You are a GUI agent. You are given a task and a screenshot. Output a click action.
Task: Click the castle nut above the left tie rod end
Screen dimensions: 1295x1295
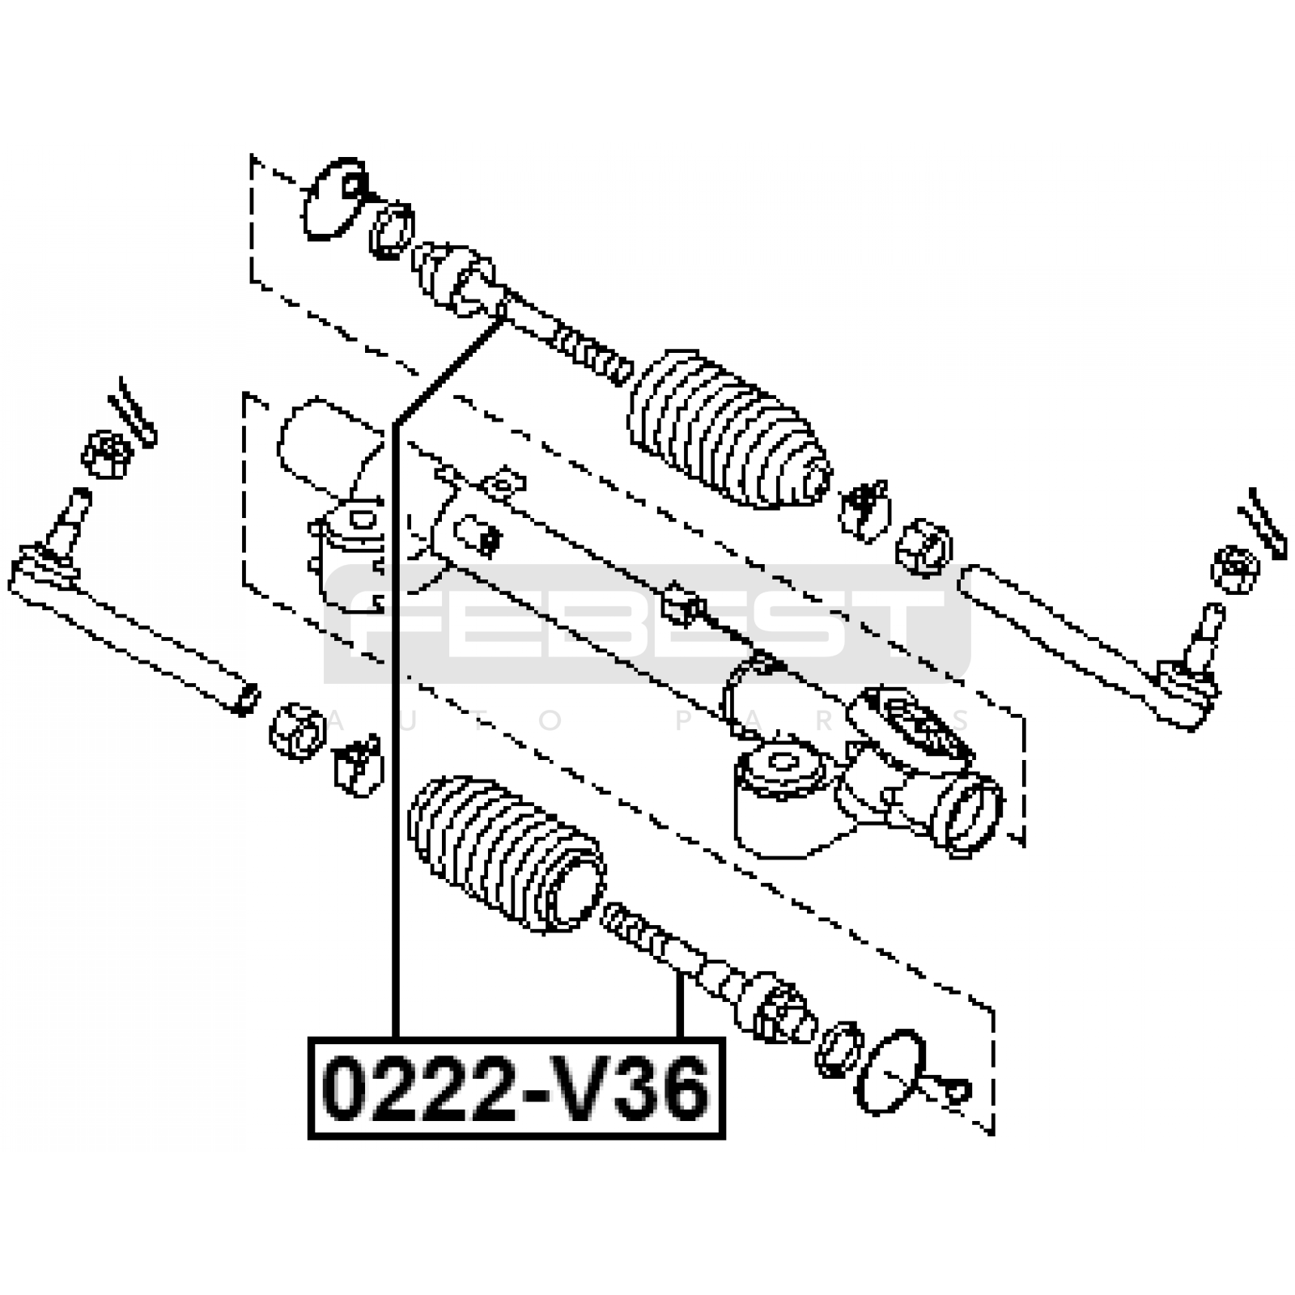pos(107,454)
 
